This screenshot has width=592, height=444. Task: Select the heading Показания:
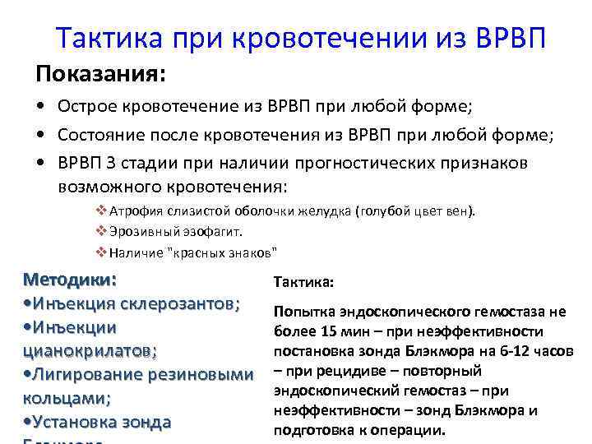click(100, 75)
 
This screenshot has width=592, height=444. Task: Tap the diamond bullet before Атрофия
click(101, 210)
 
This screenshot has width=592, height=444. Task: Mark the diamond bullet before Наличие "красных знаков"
click(101, 252)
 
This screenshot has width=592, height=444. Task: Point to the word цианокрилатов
click(90, 351)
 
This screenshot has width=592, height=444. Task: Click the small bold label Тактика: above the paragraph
click(303, 281)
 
